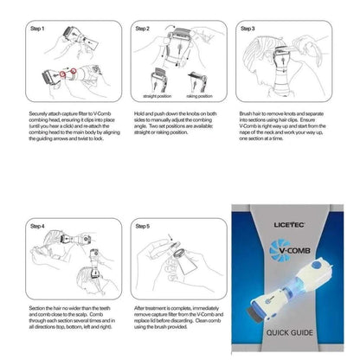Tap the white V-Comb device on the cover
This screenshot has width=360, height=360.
click(299, 299)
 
